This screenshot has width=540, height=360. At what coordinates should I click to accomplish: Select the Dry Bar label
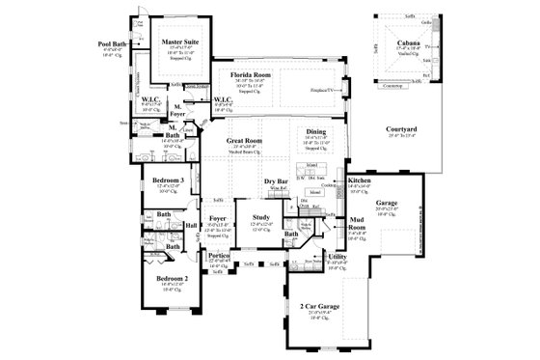[278, 181]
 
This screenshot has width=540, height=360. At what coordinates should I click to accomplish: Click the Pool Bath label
[114, 42]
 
